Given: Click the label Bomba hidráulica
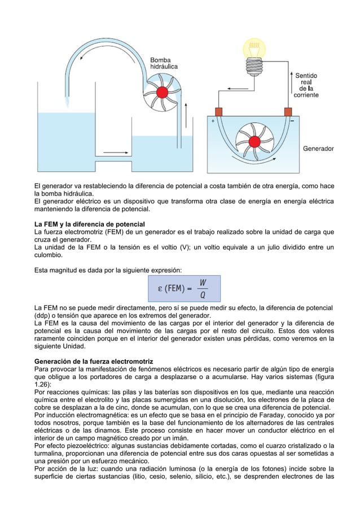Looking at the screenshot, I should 164,62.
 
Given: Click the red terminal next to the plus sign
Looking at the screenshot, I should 218,111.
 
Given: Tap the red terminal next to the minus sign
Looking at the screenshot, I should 288,111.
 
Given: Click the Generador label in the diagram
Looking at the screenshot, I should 318,149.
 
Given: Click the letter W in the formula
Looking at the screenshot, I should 203,282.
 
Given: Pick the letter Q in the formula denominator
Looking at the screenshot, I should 203,294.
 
